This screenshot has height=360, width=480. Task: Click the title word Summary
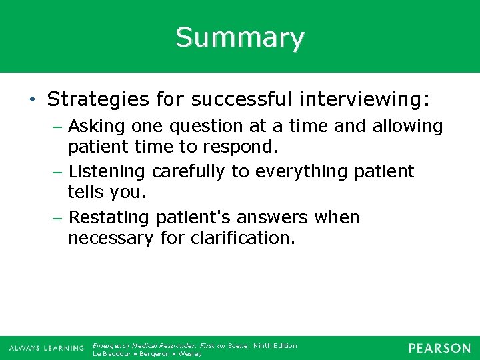[x=240, y=37]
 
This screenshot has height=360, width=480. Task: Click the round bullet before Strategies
[x=33, y=101]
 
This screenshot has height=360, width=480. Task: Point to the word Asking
[x=94, y=126]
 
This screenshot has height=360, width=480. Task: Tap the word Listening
[x=107, y=171]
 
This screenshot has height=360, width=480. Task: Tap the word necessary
[x=111, y=238]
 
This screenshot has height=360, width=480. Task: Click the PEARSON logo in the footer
[x=439, y=348]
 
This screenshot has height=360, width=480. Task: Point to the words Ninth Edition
[x=275, y=345]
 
